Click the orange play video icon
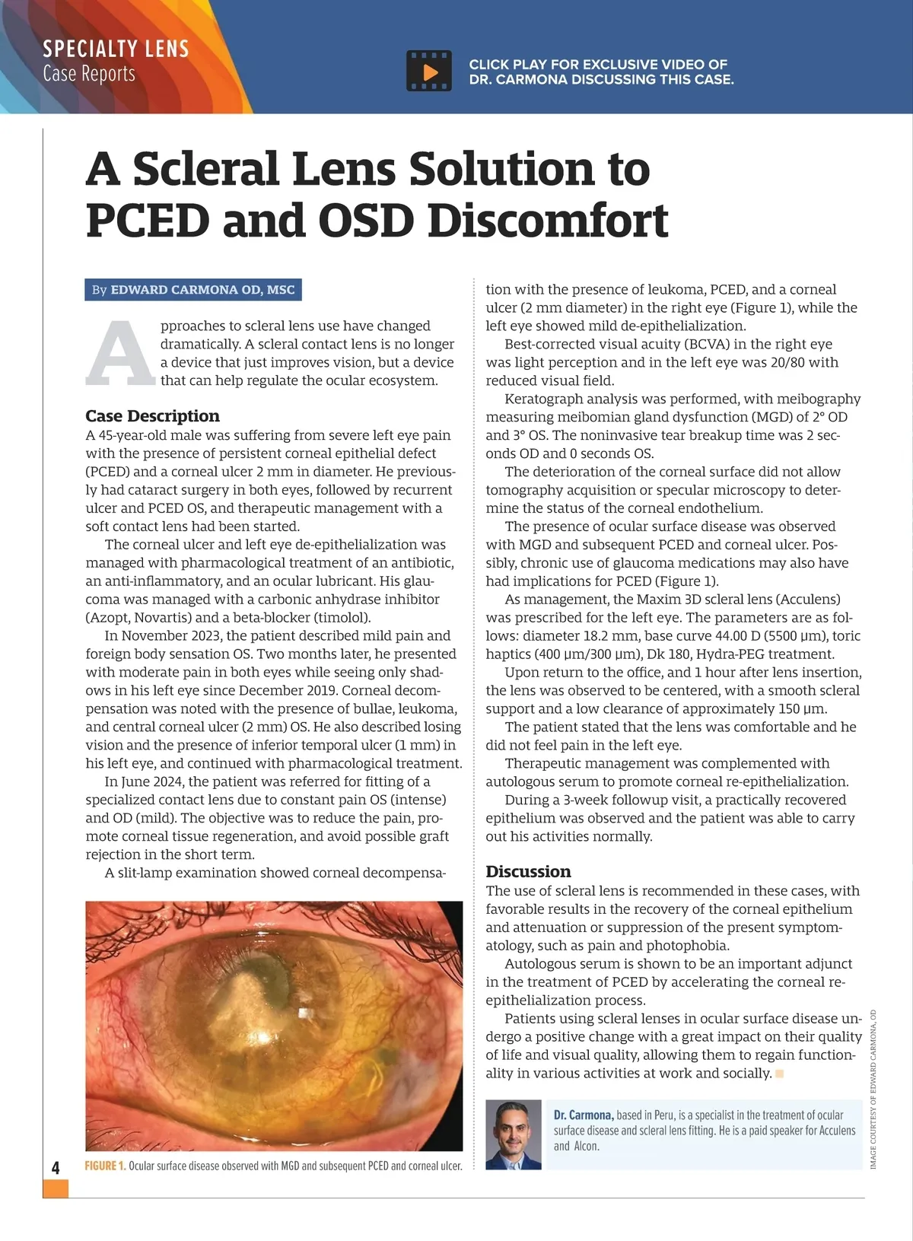429,72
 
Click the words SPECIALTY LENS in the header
116,49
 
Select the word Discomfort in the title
548,221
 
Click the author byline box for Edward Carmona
193,290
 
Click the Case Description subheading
152,416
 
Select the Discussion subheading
528,871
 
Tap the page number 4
56,1168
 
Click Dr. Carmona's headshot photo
514,1134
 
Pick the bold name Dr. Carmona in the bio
584,1115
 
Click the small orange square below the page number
56,1188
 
